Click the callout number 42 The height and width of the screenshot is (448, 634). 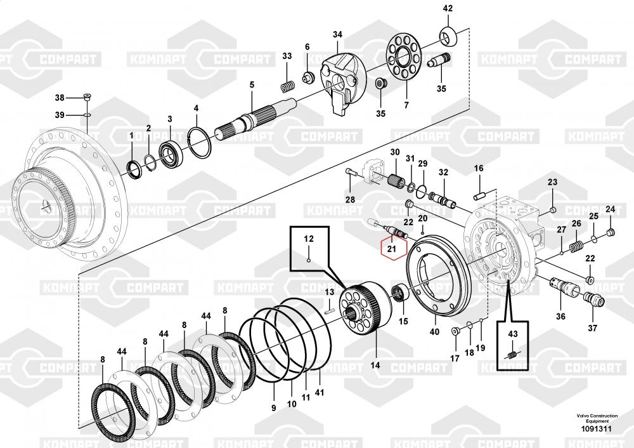tap(448, 8)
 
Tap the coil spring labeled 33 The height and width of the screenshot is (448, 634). tap(287, 86)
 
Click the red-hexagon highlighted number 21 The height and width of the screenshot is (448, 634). tap(391, 247)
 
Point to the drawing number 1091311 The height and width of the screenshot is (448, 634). tap(596, 429)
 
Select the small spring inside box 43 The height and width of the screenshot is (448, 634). tap(512, 356)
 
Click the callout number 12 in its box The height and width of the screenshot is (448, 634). tap(309, 239)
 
